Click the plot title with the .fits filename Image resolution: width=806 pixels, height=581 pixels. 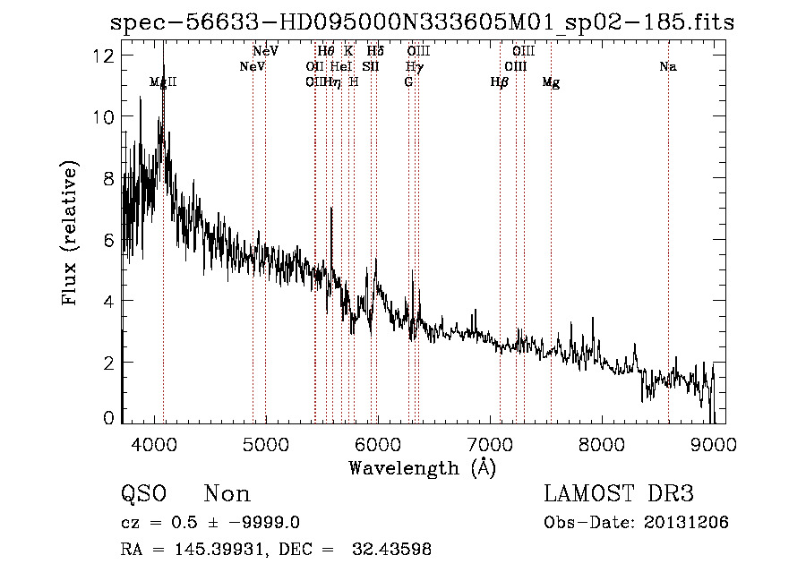coord(422,23)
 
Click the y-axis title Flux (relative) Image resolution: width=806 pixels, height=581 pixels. coord(70,232)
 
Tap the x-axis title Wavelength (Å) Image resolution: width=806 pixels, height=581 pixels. coord(422,467)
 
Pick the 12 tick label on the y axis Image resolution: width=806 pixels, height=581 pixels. coord(103,56)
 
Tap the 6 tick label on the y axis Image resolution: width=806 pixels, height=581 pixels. coord(107,240)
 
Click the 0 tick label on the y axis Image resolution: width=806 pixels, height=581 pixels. coord(107,419)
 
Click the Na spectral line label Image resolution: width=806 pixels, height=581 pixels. coord(667,67)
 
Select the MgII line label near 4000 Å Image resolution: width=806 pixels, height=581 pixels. coord(163,82)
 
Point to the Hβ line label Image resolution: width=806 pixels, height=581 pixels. coord(499,82)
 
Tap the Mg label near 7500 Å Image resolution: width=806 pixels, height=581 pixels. coord(552,82)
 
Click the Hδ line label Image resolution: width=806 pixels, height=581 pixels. coord(375,52)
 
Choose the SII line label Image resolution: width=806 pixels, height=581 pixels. coord(371,67)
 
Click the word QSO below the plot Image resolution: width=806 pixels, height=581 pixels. coord(142,494)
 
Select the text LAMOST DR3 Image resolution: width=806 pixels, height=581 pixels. coord(619,494)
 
